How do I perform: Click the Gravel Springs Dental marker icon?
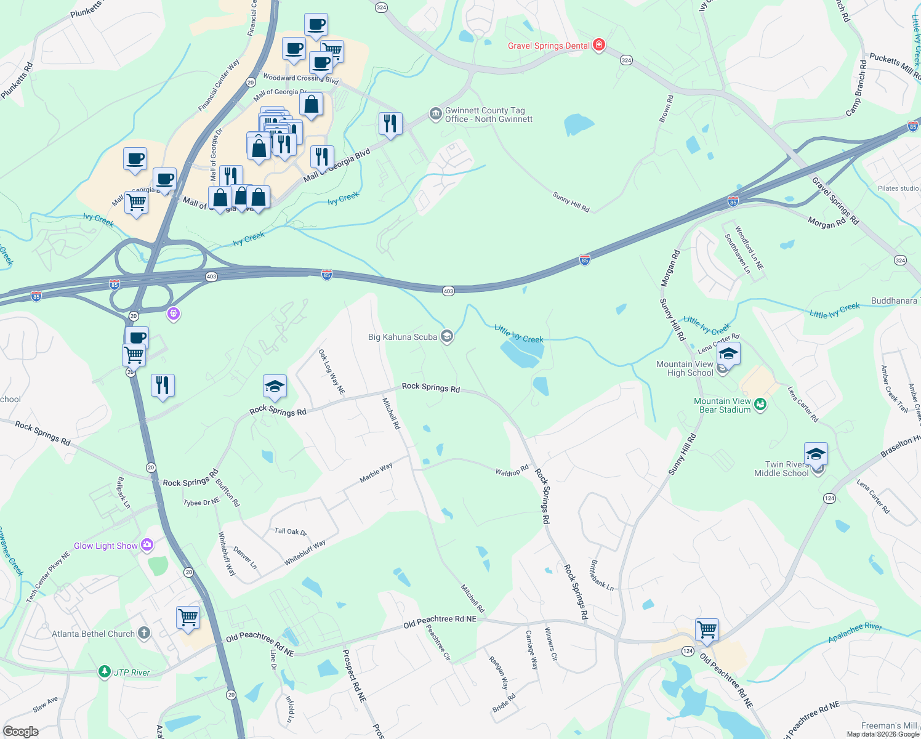[x=598, y=45]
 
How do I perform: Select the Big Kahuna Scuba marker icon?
[x=448, y=336]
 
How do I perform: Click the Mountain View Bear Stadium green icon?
[x=761, y=404]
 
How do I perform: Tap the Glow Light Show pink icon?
[x=147, y=544]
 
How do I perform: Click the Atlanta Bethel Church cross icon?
[x=143, y=633]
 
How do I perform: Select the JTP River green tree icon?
[x=105, y=671]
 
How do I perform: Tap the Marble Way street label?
[x=376, y=473]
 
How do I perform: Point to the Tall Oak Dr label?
[x=291, y=531]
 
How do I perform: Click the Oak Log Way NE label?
[x=331, y=371]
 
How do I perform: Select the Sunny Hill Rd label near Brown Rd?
[x=571, y=202]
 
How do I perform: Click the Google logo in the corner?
[x=21, y=731]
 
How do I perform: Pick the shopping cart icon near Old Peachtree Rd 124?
[x=707, y=630]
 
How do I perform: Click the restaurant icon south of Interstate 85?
[x=163, y=386]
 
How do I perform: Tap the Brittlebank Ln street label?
[x=601, y=575]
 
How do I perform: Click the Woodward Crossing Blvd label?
[x=300, y=78]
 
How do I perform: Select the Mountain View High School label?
[x=685, y=368]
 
